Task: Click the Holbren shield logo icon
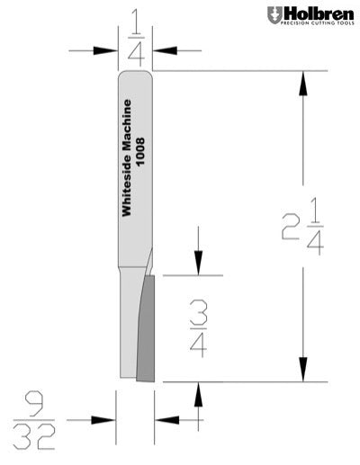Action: (x=273, y=15)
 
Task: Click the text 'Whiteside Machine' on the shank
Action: (x=127, y=157)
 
